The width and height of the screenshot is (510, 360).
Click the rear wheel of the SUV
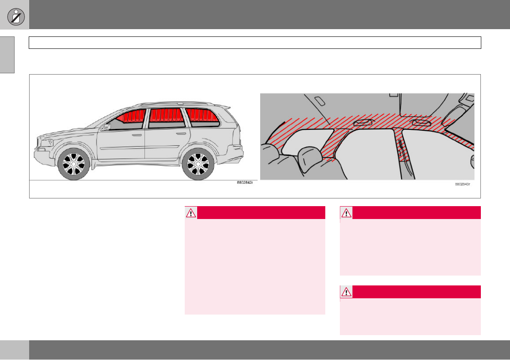[198, 165]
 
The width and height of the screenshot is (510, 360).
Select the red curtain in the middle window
[166, 115]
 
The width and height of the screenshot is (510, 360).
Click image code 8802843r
[462, 184]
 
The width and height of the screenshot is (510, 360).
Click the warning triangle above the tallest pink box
[191, 213]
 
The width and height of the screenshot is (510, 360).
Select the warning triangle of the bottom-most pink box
[346, 292]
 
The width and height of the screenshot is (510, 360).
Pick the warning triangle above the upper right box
[346, 213]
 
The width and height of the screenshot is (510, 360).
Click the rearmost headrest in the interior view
[311, 159]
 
